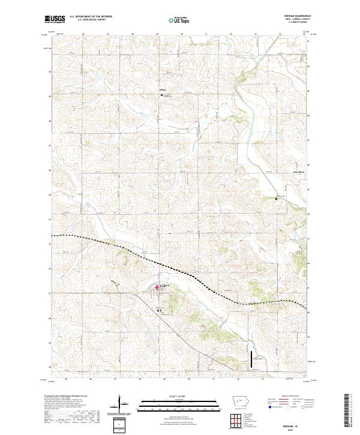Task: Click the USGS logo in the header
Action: click(55, 20)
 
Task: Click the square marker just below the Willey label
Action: click(160, 95)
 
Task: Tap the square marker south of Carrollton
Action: click(276, 198)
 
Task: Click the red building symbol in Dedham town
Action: click(158, 287)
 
